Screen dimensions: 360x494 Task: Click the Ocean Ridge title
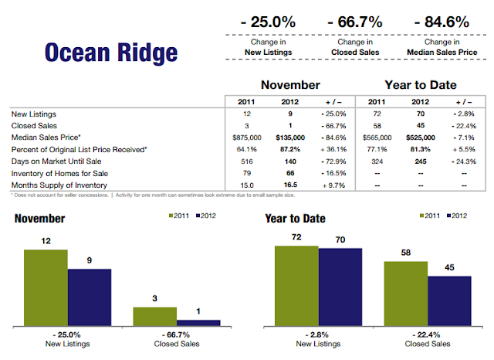pos(110,53)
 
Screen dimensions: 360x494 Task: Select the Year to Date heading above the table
pos(420,84)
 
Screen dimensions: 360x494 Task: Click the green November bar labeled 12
pos(46,287)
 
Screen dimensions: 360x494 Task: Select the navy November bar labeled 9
pos(89,297)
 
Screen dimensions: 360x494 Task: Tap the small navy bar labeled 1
pos(198,321)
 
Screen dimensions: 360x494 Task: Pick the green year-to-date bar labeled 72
pos(296,285)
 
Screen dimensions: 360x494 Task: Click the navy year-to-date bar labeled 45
pos(448,300)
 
